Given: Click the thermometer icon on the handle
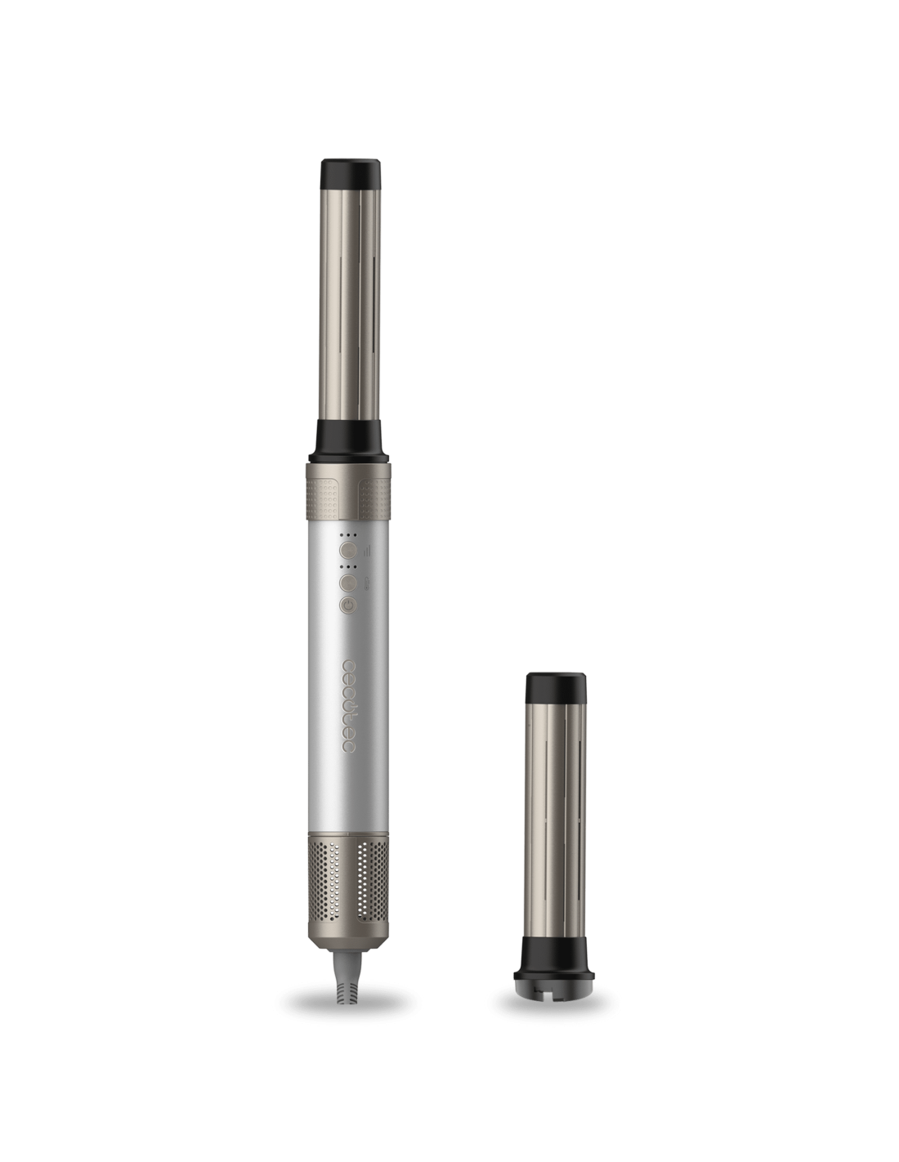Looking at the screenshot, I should pyautogui.click(x=365, y=583).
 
